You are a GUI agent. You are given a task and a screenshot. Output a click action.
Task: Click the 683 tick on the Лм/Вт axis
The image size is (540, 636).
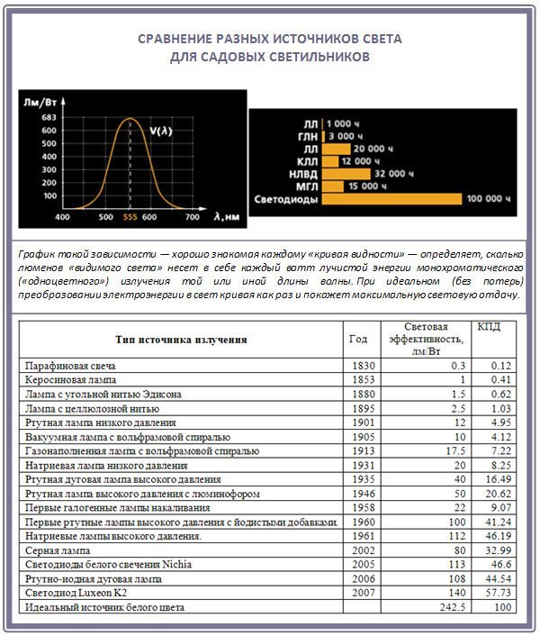point(49,117)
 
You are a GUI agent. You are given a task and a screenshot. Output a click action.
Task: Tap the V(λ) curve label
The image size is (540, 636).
point(161,131)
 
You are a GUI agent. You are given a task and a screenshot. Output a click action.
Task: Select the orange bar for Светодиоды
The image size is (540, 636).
point(392,199)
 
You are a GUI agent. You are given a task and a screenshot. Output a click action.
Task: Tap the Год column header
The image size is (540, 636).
point(358,340)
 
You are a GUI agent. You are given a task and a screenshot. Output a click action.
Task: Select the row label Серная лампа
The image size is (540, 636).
point(58,550)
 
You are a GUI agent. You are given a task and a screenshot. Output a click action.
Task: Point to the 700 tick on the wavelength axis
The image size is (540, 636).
point(192,218)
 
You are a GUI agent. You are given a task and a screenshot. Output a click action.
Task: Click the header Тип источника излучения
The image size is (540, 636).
point(180,340)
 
